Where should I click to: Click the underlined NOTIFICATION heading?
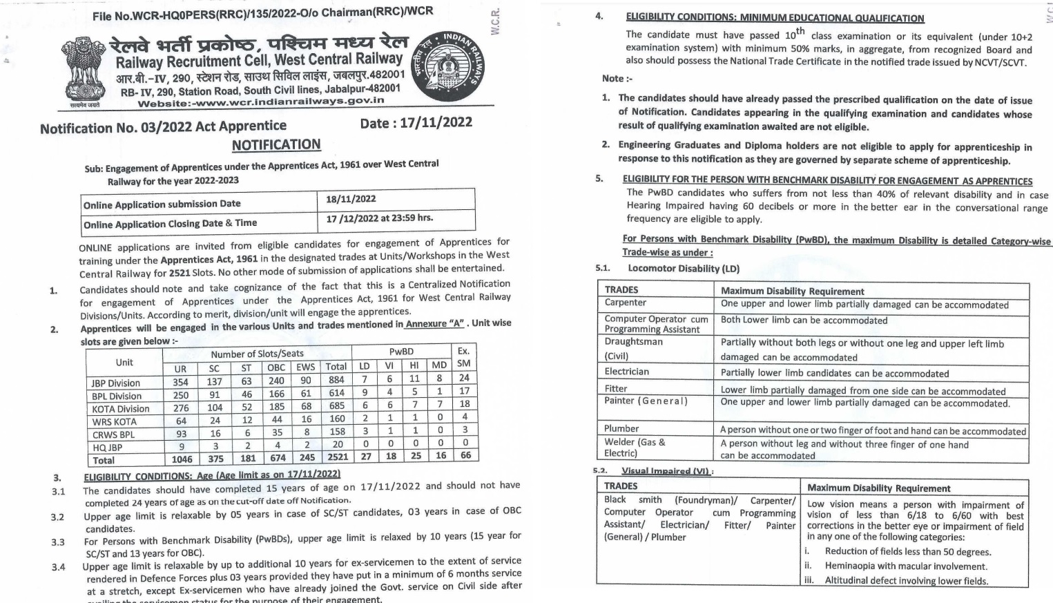point(276,145)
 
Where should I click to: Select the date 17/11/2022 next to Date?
point(436,123)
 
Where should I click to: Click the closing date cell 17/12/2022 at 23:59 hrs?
point(379,218)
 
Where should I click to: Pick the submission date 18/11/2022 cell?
point(351,199)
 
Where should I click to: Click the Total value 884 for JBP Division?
point(336,379)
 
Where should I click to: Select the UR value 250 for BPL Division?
point(180,395)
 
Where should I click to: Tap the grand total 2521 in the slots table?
point(337,457)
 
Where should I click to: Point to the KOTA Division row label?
point(120,409)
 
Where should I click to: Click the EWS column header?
point(305,367)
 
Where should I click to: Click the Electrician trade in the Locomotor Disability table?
point(626,372)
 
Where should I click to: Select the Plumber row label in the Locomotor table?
point(621,429)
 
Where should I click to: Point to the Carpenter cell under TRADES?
point(626,303)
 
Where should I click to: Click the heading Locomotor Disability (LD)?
point(683,269)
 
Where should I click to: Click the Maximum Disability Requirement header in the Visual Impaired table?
point(878,488)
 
